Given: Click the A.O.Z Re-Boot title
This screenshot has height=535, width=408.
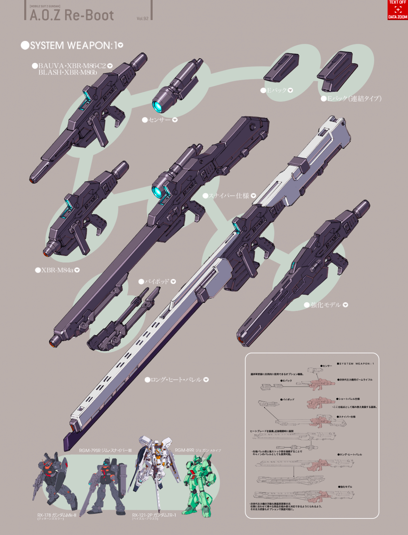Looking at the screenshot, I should point(72,15).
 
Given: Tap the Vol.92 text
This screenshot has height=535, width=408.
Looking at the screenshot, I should point(142,18).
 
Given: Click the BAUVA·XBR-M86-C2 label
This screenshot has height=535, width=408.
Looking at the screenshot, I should point(72,66).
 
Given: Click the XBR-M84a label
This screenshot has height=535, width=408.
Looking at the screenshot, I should point(57,270).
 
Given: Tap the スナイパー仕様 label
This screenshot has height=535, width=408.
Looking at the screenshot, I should point(229,196).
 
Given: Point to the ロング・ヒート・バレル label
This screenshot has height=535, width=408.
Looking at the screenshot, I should point(176,380).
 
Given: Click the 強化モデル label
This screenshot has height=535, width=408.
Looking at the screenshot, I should point(326,305).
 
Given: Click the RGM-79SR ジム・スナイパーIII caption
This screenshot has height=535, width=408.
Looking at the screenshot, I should point(105,450).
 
